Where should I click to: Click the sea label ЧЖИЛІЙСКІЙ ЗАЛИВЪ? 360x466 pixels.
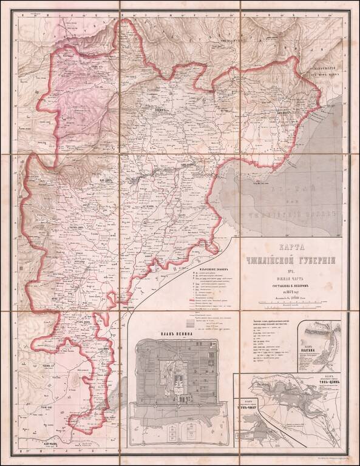point(291,212)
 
